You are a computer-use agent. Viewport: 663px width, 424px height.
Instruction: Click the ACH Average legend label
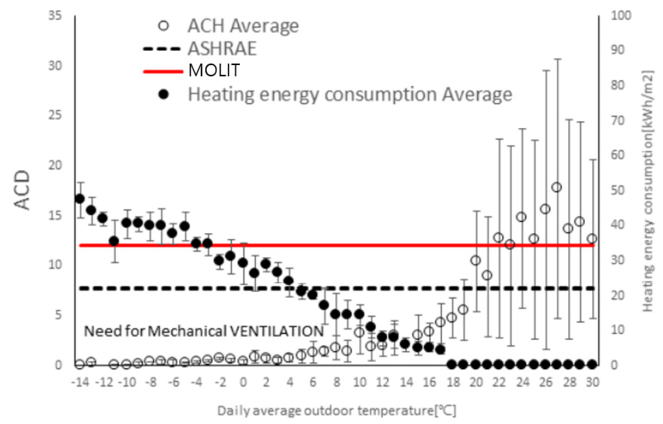(x=243, y=26)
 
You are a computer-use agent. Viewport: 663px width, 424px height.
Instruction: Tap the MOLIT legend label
(x=214, y=71)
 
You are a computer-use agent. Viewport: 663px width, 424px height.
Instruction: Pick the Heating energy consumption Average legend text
(x=350, y=94)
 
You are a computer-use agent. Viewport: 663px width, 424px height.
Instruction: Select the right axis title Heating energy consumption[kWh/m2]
(x=647, y=191)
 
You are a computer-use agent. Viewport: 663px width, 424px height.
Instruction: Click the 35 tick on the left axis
(x=54, y=16)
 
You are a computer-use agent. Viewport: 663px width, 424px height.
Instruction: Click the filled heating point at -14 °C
(x=80, y=199)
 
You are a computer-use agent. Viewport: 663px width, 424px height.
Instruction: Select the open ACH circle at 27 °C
(x=556, y=187)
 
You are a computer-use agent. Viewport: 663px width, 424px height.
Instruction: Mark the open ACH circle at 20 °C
(x=475, y=260)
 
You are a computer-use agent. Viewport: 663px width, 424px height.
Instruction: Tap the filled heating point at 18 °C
(x=452, y=364)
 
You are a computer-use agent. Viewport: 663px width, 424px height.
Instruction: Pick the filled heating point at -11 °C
(x=114, y=241)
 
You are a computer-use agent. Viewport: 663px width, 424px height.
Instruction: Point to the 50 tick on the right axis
(x=614, y=190)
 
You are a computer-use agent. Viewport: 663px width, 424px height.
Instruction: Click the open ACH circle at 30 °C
(x=592, y=239)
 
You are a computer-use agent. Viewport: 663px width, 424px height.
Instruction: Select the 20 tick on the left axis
(x=54, y=165)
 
